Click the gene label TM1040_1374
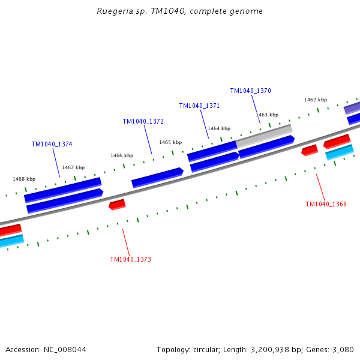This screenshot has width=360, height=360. [52, 145]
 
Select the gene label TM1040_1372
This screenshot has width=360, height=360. [143, 121]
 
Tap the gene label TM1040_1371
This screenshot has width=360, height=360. [199, 106]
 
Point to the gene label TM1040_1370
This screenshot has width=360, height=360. [250, 91]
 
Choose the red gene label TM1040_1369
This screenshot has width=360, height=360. [326, 205]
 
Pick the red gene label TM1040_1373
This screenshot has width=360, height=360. [130, 260]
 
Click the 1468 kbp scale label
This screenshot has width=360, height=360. [24, 179]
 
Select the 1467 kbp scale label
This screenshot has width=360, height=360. [73, 167]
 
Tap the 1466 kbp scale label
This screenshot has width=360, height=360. [121, 155]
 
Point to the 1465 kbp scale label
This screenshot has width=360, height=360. [170, 142]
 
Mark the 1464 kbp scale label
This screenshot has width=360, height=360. [219, 128]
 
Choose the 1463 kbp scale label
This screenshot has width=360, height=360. [267, 115]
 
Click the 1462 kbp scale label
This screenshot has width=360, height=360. [315, 100]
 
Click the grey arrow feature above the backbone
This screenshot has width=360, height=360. [264, 135]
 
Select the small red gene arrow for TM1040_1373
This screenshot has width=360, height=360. [117, 205]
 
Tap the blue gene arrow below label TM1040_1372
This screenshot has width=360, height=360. [157, 178]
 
